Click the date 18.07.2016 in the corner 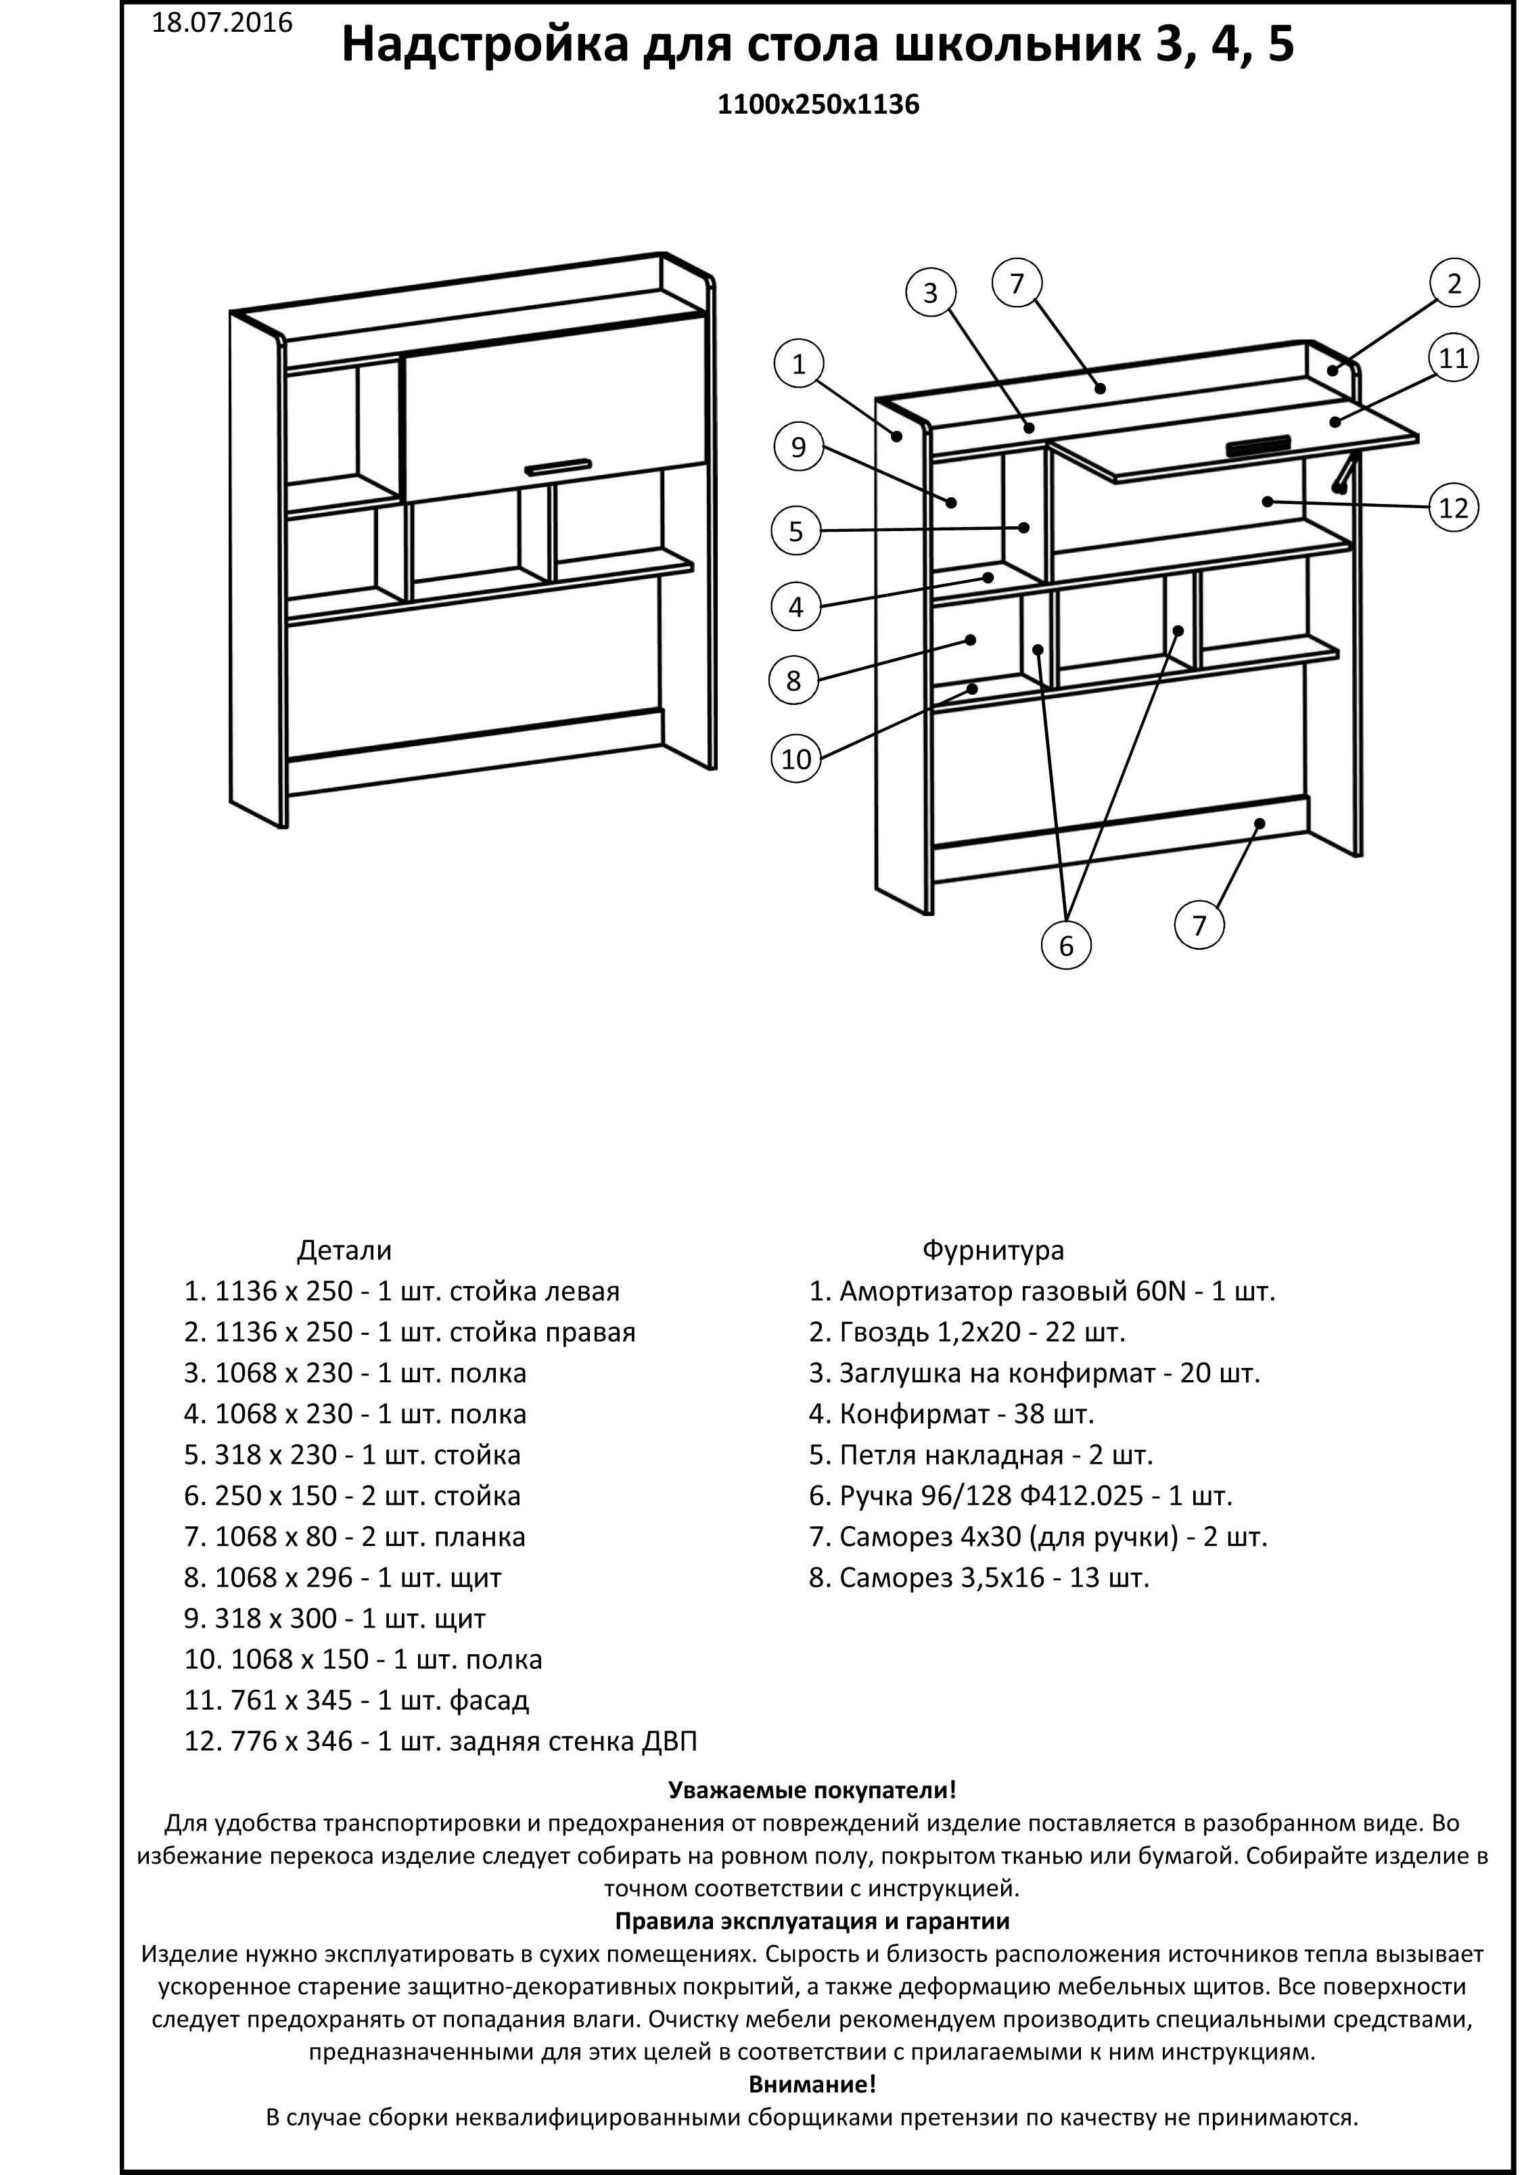[x=222, y=23]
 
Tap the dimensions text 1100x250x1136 [x=818, y=104]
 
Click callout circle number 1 [x=798, y=364]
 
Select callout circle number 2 [x=1454, y=283]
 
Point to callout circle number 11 [x=1453, y=358]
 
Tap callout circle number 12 [x=1453, y=508]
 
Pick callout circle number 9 [x=798, y=447]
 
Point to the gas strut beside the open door [x=1346, y=471]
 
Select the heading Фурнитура [x=992, y=1250]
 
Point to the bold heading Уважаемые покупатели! [x=812, y=1789]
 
